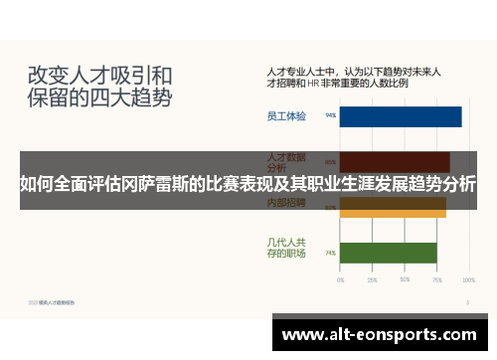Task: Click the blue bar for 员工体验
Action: [401, 116]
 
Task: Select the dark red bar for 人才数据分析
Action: [395, 160]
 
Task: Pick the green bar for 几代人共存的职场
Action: [388, 253]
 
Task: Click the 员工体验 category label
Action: [286, 116]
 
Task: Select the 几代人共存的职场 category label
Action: [286, 247]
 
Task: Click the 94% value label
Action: [330, 116]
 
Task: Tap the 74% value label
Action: [330, 253]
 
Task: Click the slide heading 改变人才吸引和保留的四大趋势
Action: [99, 87]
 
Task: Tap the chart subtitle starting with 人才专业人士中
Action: [354, 79]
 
